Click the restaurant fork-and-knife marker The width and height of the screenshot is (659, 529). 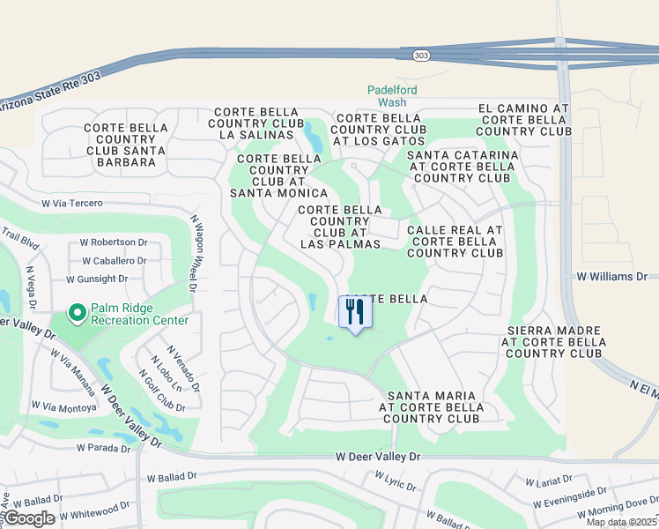coord(355,312)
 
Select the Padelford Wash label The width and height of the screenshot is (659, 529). coord(393,96)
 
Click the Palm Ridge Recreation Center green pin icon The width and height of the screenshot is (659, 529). coord(77,312)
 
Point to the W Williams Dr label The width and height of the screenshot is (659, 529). coord(611,277)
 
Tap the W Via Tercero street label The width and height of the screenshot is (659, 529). coord(78,204)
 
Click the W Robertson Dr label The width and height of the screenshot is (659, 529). coord(114,242)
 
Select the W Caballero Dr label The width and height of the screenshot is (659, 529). coord(115,261)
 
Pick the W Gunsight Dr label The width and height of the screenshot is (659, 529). coord(97,279)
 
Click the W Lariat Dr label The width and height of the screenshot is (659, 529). coord(549,482)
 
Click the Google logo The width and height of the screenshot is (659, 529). coord(29,518)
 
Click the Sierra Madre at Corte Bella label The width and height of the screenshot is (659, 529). coord(553,342)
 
